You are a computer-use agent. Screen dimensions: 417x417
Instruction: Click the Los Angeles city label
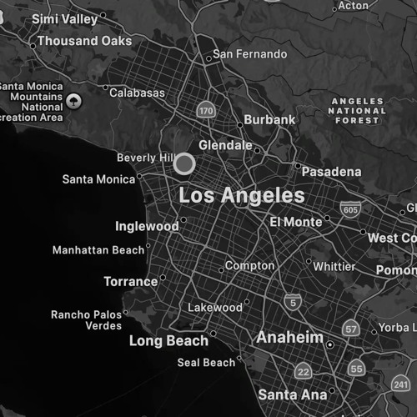pos(242,196)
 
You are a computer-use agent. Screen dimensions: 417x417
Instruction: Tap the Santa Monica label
pos(98,179)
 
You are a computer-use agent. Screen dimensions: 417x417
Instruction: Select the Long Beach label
pos(168,341)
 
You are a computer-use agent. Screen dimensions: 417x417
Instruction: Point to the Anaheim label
pos(289,338)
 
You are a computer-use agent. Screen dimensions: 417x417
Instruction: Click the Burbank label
pos(269,120)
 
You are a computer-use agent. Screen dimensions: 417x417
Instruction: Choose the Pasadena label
pos(331,171)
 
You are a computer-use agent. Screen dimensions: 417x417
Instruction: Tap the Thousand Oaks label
pos(84,41)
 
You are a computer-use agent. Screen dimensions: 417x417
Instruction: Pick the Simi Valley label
pos(64,18)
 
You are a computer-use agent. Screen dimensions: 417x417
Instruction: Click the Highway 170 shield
pos(206,110)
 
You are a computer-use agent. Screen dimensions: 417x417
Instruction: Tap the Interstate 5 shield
pos(292,301)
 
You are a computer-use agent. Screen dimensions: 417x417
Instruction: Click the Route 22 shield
pos(304,371)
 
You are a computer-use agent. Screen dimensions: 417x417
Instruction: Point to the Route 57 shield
pos(351,329)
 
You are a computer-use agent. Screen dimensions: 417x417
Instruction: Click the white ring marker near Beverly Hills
pos(184,163)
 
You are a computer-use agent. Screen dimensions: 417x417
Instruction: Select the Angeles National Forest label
pos(358,110)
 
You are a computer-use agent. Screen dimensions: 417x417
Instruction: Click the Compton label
pos(250,266)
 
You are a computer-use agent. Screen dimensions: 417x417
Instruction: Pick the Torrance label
pos(131,282)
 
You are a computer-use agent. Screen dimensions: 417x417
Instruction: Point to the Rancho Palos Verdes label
pos(86,319)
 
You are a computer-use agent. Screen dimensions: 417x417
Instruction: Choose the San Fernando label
pos(249,54)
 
